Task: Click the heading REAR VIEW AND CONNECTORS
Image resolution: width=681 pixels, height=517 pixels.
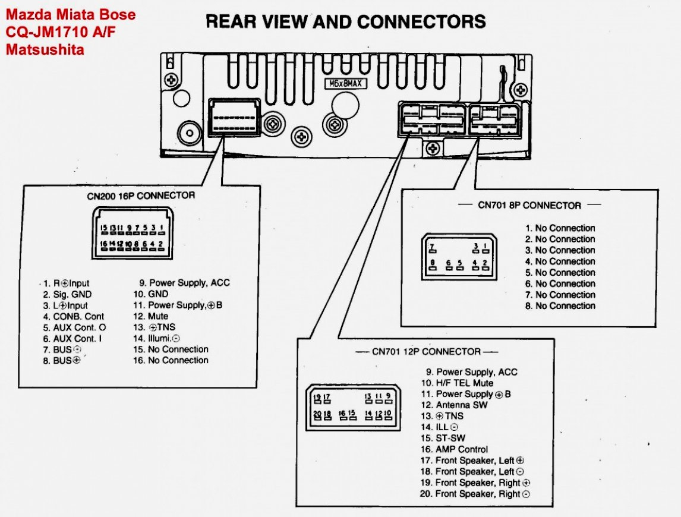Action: [345, 22]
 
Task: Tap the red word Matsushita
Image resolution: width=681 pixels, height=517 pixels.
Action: [45, 50]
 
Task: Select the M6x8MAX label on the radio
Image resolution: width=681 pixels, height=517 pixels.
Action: [345, 84]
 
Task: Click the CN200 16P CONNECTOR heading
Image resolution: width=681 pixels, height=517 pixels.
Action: [140, 195]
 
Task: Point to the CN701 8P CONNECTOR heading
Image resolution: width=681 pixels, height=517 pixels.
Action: [529, 205]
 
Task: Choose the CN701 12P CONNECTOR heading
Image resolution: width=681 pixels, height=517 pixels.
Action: [426, 351]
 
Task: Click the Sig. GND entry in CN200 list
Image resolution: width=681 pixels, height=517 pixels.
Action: [67, 294]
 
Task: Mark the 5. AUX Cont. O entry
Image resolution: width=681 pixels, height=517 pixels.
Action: [74, 327]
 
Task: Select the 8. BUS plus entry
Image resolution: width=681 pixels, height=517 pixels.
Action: [61, 361]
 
